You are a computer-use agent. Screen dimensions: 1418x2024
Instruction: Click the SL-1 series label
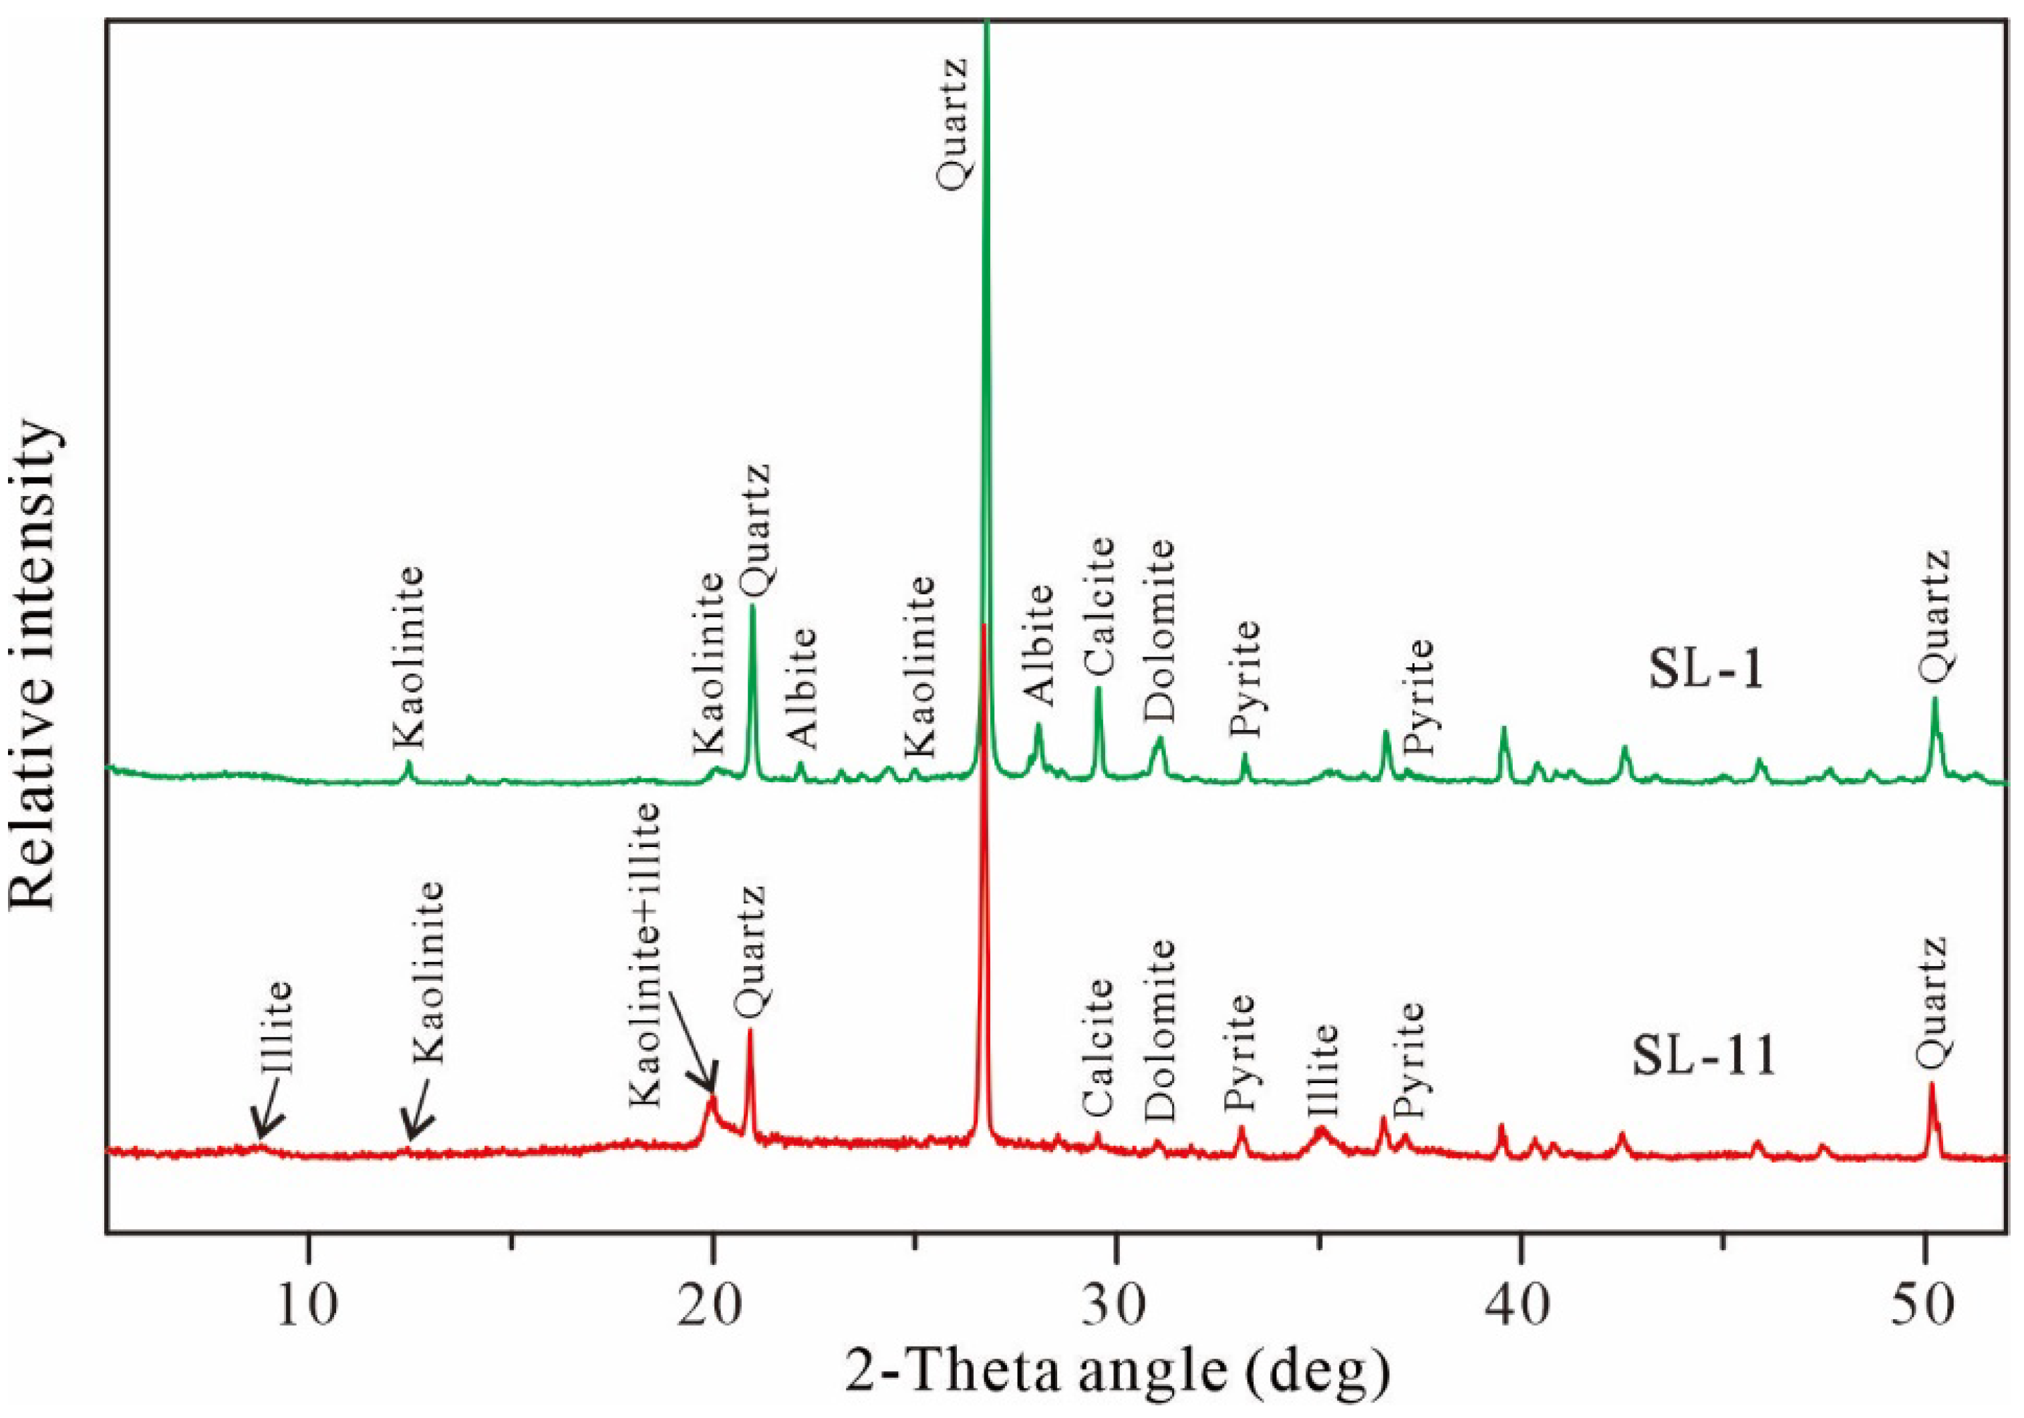(x=1707, y=672)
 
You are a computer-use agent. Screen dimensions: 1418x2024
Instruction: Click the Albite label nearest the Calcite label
(x=1040, y=644)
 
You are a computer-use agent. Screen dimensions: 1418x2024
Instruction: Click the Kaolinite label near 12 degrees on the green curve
(x=407, y=657)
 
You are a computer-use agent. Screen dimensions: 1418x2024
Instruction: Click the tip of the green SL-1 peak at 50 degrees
(x=1935, y=699)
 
